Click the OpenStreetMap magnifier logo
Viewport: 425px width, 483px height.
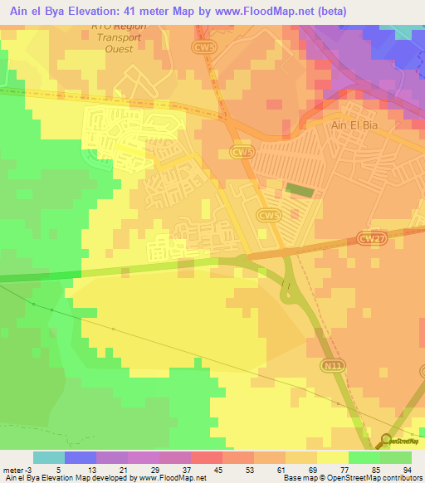pyautogui.click(x=387, y=440)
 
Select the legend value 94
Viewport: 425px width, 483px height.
pyautogui.click(x=407, y=470)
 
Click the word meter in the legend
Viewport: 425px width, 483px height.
pyautogui.click(x=12, y=470)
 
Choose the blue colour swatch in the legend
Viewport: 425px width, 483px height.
pyautogui.click(x=81, y=457)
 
